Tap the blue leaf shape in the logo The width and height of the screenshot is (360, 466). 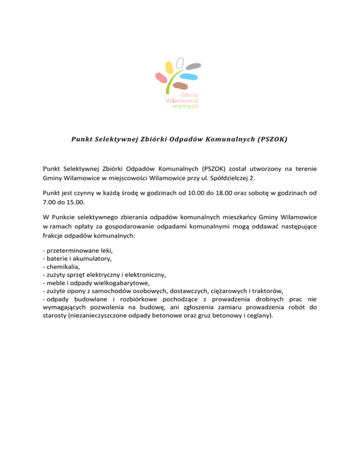(188, 76)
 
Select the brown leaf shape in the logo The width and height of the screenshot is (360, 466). (180, 86)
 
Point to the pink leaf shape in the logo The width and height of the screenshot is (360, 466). (161, 78)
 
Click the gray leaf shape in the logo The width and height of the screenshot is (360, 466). (194, 66)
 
